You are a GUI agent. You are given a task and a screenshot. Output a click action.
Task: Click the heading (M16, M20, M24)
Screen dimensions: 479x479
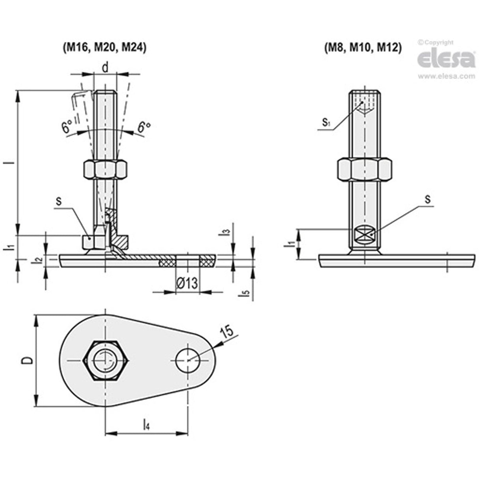click(x=105, y=47)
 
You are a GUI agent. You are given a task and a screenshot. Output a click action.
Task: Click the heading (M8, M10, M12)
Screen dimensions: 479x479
click(x=363, y=47)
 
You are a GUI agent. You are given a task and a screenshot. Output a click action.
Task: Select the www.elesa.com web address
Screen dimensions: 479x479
click(x=446, y=77)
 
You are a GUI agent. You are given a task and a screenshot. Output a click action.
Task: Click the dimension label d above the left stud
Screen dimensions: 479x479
click(x=105, y=68)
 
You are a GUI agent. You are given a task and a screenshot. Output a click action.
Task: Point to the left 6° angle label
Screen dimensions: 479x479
click(x=67, y=127)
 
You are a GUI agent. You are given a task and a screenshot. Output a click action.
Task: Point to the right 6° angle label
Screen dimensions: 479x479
click(x=144, y=127)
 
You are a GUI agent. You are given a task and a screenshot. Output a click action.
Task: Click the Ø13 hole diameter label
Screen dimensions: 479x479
click(x=186, y=283)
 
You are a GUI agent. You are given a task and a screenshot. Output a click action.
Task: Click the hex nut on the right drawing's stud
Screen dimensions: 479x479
click(x=365, y=169)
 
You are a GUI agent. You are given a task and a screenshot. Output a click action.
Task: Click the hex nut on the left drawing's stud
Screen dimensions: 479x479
click(x=105, y=170)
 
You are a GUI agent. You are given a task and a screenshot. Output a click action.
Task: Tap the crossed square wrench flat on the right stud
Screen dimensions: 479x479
click(x=365, y=235)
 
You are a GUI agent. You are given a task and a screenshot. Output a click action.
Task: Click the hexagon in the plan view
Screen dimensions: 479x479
click(x=105, y=360)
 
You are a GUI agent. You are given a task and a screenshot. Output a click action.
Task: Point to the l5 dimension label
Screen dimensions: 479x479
click(x=245, y=293)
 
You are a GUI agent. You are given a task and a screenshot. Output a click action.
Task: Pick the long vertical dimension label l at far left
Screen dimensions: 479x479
click(x=12, y=162)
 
